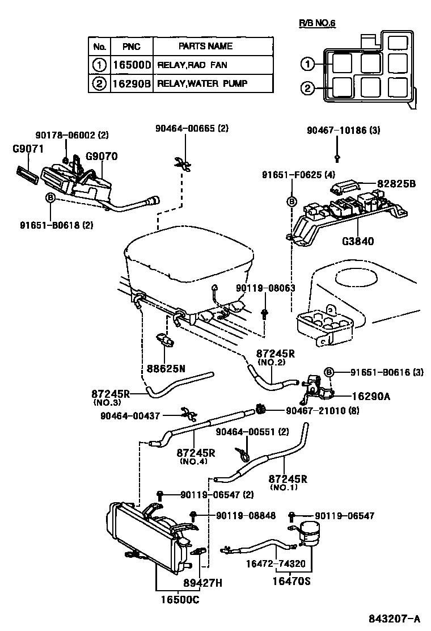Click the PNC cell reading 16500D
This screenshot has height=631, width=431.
pyautogui.click(x=132, y=65)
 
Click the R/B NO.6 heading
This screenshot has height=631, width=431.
pyautogui.click(x=318, y=23)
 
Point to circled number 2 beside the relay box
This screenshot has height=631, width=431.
pyautogui.click(x=307, y=88)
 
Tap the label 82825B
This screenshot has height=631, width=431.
pyautogui.click(x=396, y=184)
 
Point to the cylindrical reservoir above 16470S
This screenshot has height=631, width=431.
pyautogui.click(x=310, y=531)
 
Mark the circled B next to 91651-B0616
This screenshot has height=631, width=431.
pyautogui.click(x=328, y=372)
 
